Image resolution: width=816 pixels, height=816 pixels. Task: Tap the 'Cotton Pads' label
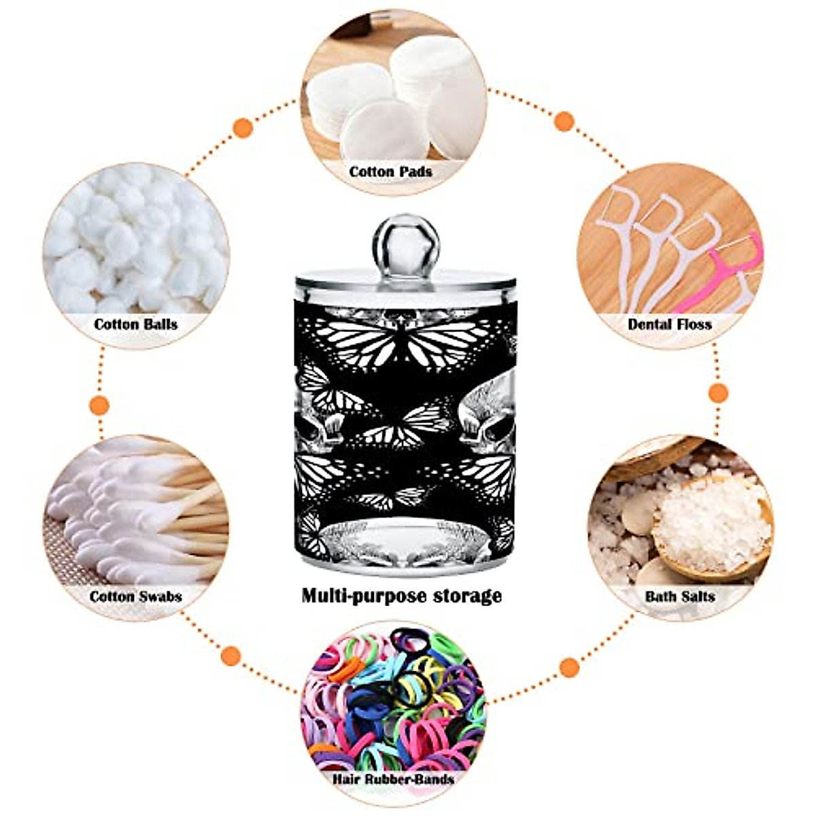390,171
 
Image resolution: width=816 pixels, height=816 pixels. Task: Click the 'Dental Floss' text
669,324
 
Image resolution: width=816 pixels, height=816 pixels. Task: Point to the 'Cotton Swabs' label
135,596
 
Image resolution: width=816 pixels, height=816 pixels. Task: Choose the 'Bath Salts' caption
680,596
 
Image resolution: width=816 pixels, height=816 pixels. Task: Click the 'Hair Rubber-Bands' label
394,779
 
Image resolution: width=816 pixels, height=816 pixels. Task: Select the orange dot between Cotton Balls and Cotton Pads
243,127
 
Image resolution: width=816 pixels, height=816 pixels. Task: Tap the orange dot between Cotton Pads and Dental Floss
564,121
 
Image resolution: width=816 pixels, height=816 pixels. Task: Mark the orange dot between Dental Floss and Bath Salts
718,393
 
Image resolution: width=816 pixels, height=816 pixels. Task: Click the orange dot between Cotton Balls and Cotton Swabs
100,405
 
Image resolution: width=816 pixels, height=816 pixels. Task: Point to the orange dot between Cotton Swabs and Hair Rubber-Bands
231,656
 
